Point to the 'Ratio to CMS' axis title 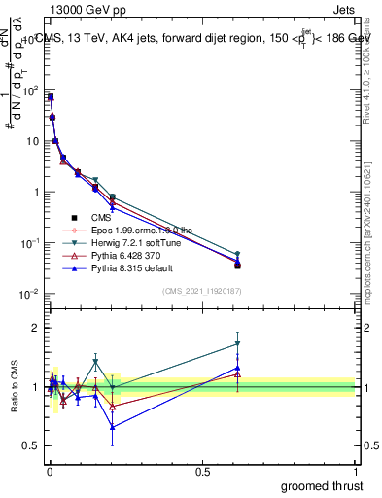(x=15, y=389)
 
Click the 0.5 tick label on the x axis (x=202, y=471)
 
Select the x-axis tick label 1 (x=356, y=471)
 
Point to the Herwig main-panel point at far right (x=238, y=254)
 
